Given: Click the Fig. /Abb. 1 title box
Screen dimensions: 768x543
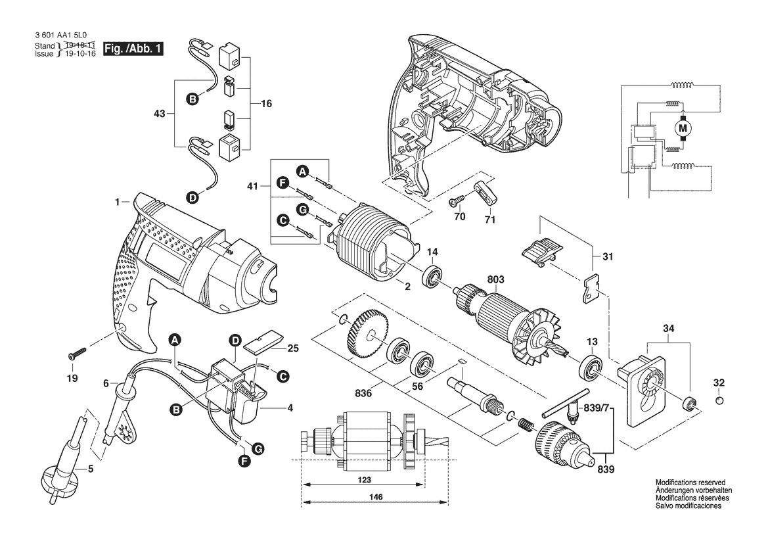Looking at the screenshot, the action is tap(133, 49).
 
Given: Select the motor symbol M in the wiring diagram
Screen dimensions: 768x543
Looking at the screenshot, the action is tap(683, 128).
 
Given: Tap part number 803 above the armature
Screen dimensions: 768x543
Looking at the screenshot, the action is tap(495, 280).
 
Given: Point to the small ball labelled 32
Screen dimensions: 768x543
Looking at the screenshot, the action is tap(719, 401).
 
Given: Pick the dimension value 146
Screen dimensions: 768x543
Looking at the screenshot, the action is tap(376, 497).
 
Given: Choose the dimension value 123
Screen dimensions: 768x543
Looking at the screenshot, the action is tap(365, 481).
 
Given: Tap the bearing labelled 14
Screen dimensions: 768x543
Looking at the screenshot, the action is tap(432, 276).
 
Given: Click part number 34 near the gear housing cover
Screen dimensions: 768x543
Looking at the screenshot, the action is tap(669, 328).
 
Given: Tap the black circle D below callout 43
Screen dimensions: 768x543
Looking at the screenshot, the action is tap(192, 198).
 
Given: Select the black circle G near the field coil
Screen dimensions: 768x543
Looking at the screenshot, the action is tap(303, 210).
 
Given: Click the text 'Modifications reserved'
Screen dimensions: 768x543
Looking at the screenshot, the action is tap(690, 483).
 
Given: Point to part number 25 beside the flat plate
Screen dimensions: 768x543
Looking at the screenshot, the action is tap(293, 348).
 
